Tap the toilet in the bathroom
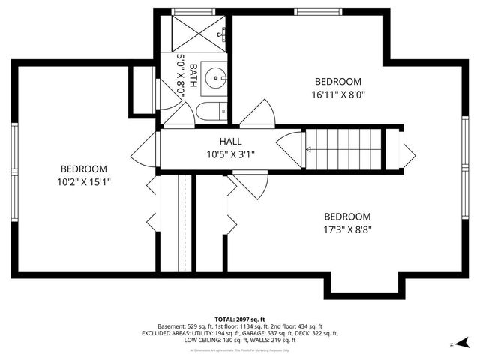click(210, 112)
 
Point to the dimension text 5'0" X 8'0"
click(181, 75)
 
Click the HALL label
click(230, 141)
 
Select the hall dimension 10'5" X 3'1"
click(230, 154)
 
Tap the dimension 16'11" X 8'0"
click(337, 94)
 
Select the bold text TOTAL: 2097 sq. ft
click(239, 319)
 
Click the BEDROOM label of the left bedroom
click(84, 169)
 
